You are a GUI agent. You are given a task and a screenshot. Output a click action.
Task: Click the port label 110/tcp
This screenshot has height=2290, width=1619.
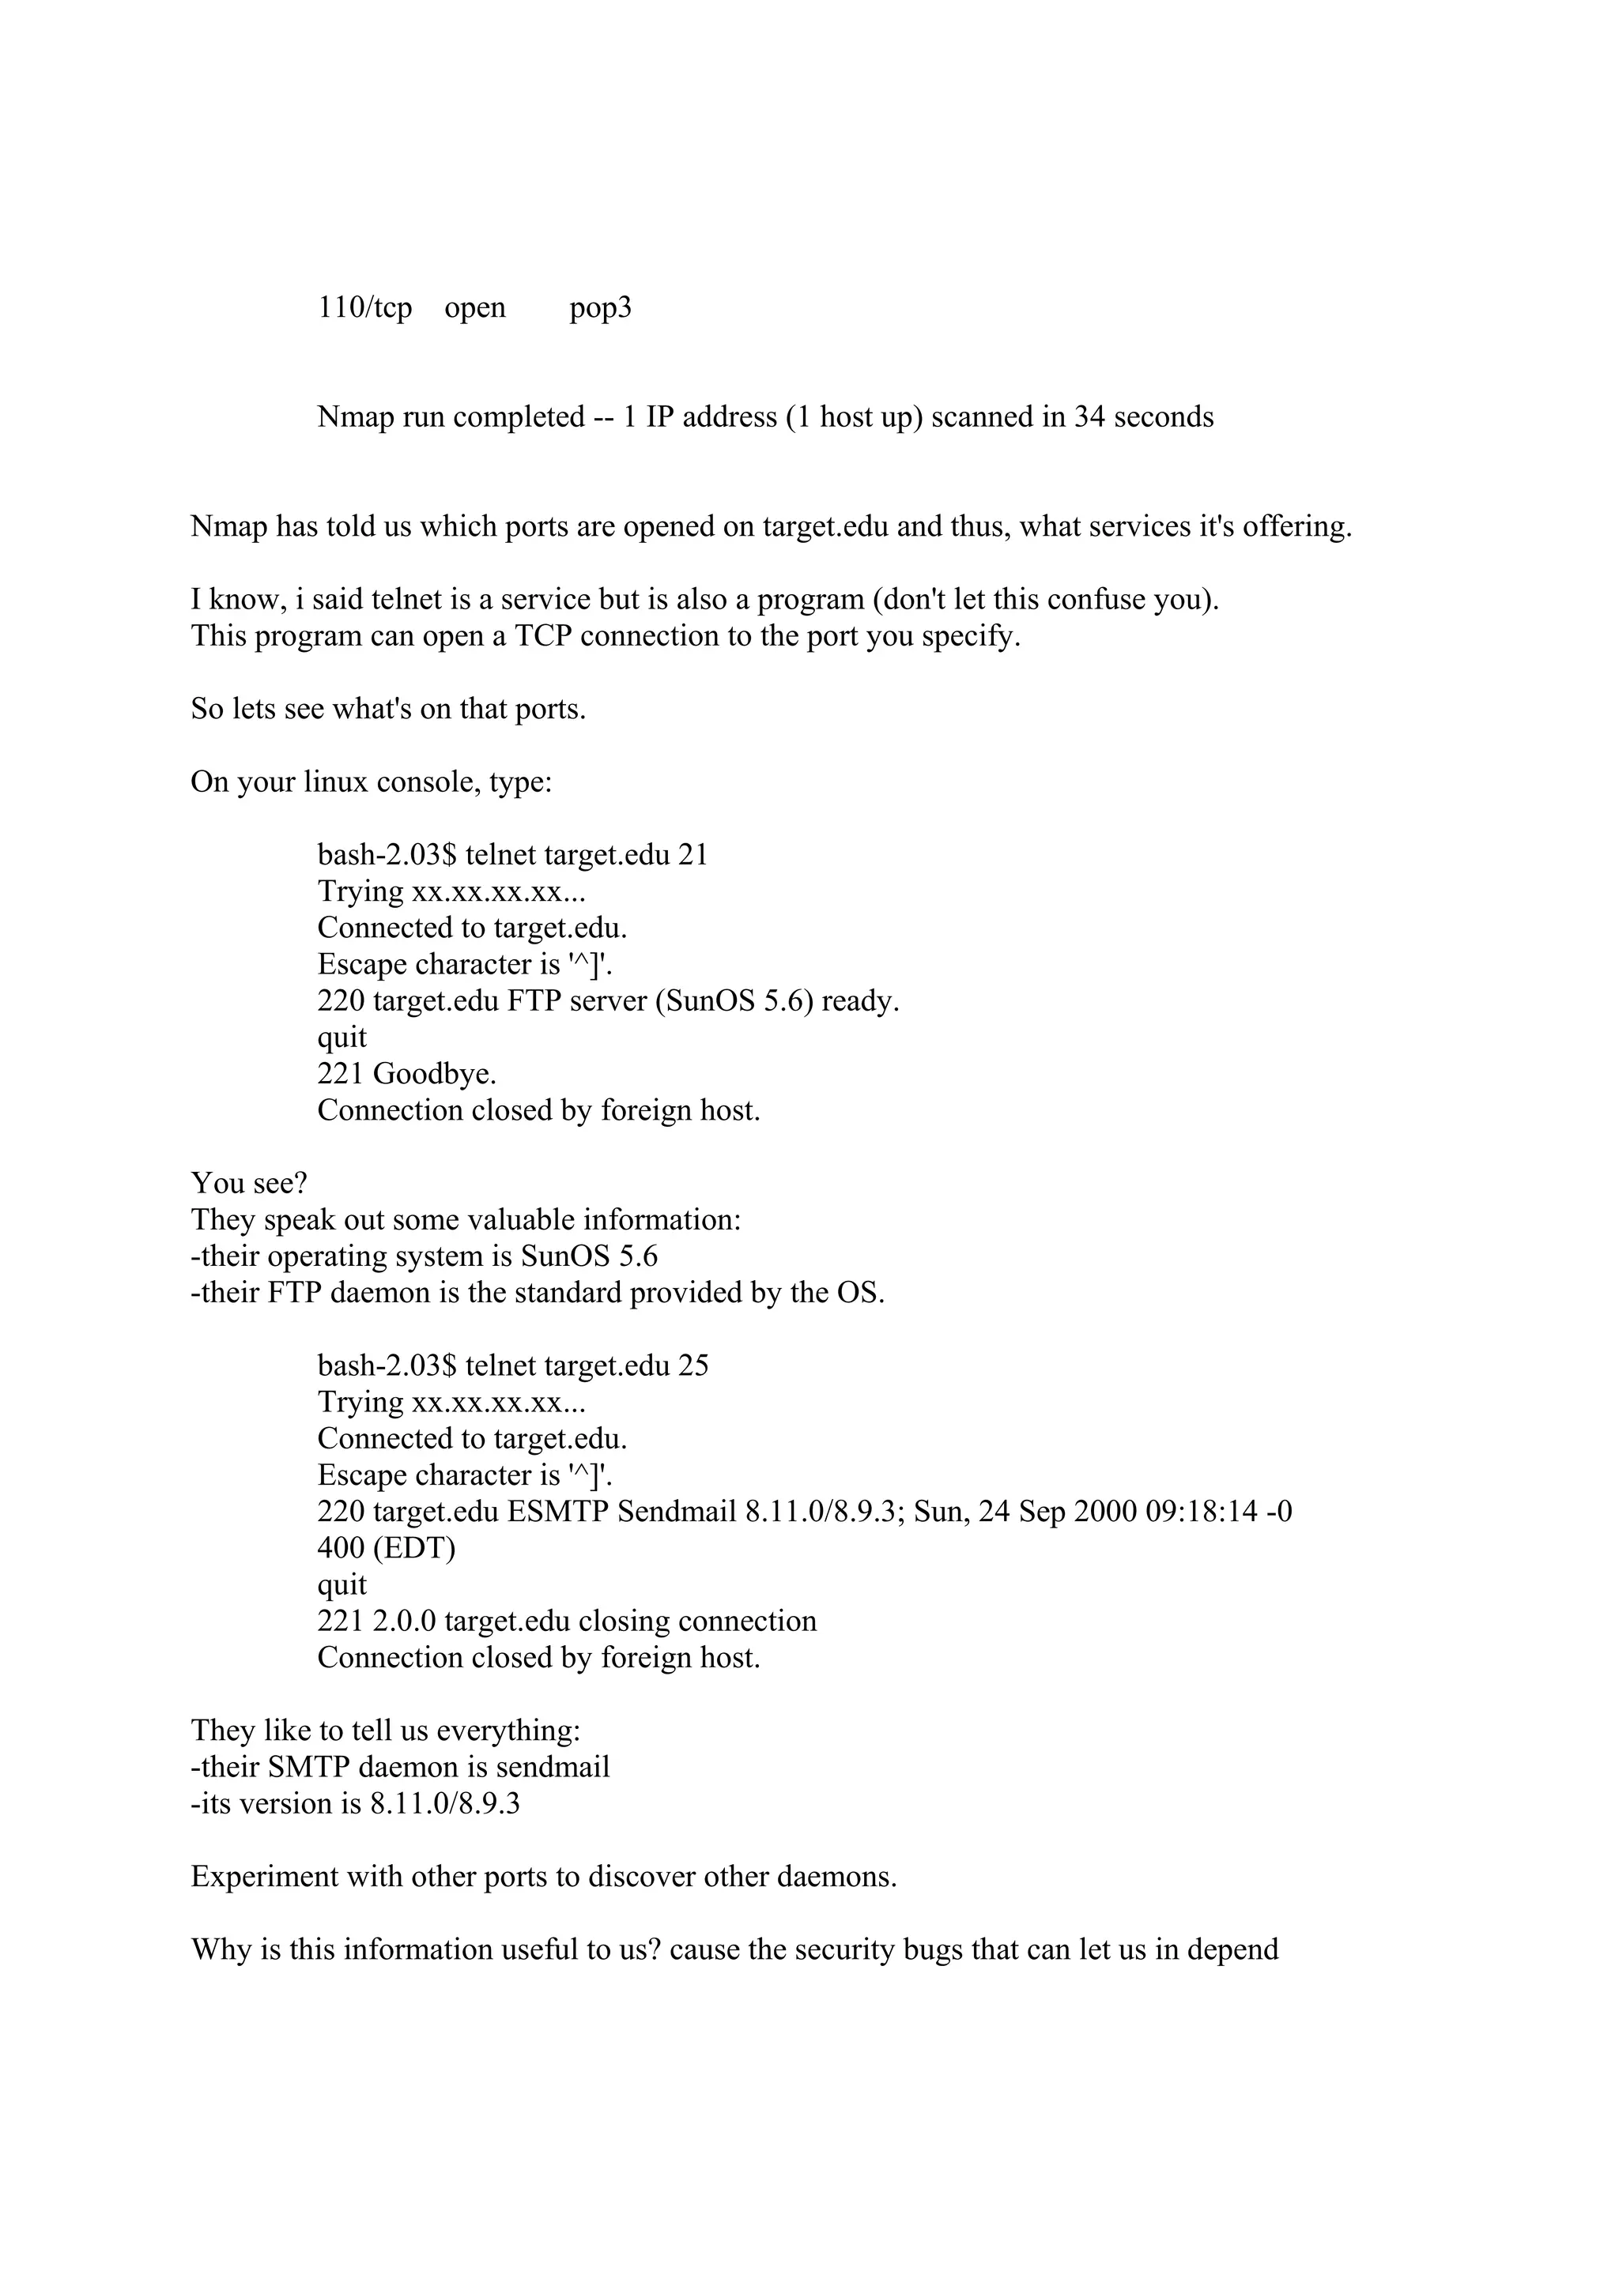tap(364, 308)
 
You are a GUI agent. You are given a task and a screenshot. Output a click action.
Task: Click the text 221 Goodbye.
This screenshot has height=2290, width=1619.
tap(407, 1074)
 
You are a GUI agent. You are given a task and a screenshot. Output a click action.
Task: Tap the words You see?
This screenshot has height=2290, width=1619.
tap(249, 1183)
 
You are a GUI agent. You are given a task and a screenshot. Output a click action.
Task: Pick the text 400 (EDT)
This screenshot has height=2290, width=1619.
tap(386, 1548)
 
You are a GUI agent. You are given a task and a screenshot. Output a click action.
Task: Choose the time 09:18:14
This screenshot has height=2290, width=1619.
tap(1201, 1511)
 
